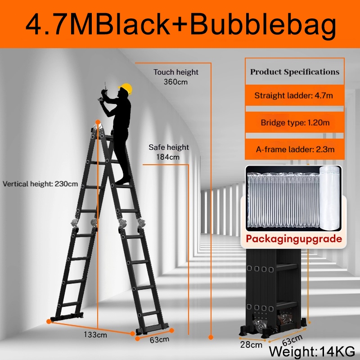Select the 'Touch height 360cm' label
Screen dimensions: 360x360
pyautogui.click(x=176, y=77)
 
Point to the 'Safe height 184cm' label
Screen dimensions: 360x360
pyautogui.click(x=169, y=152)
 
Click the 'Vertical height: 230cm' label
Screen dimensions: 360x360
pyautogui.click(x=40, y=184)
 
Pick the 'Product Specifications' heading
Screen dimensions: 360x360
pyautogui.click(x=295, y=72)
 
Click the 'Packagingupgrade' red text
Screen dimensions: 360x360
pyautogui.click(x=294, y=238)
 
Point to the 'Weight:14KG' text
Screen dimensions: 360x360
pyautogui.click(x=311, y=350)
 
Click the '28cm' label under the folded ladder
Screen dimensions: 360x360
pyautogui.click(x=251, y=345)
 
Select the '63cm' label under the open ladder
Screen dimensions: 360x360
pyautogui.click(x=160, y=339)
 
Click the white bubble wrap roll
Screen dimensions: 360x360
pyautogui.click(x=329, y=197)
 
